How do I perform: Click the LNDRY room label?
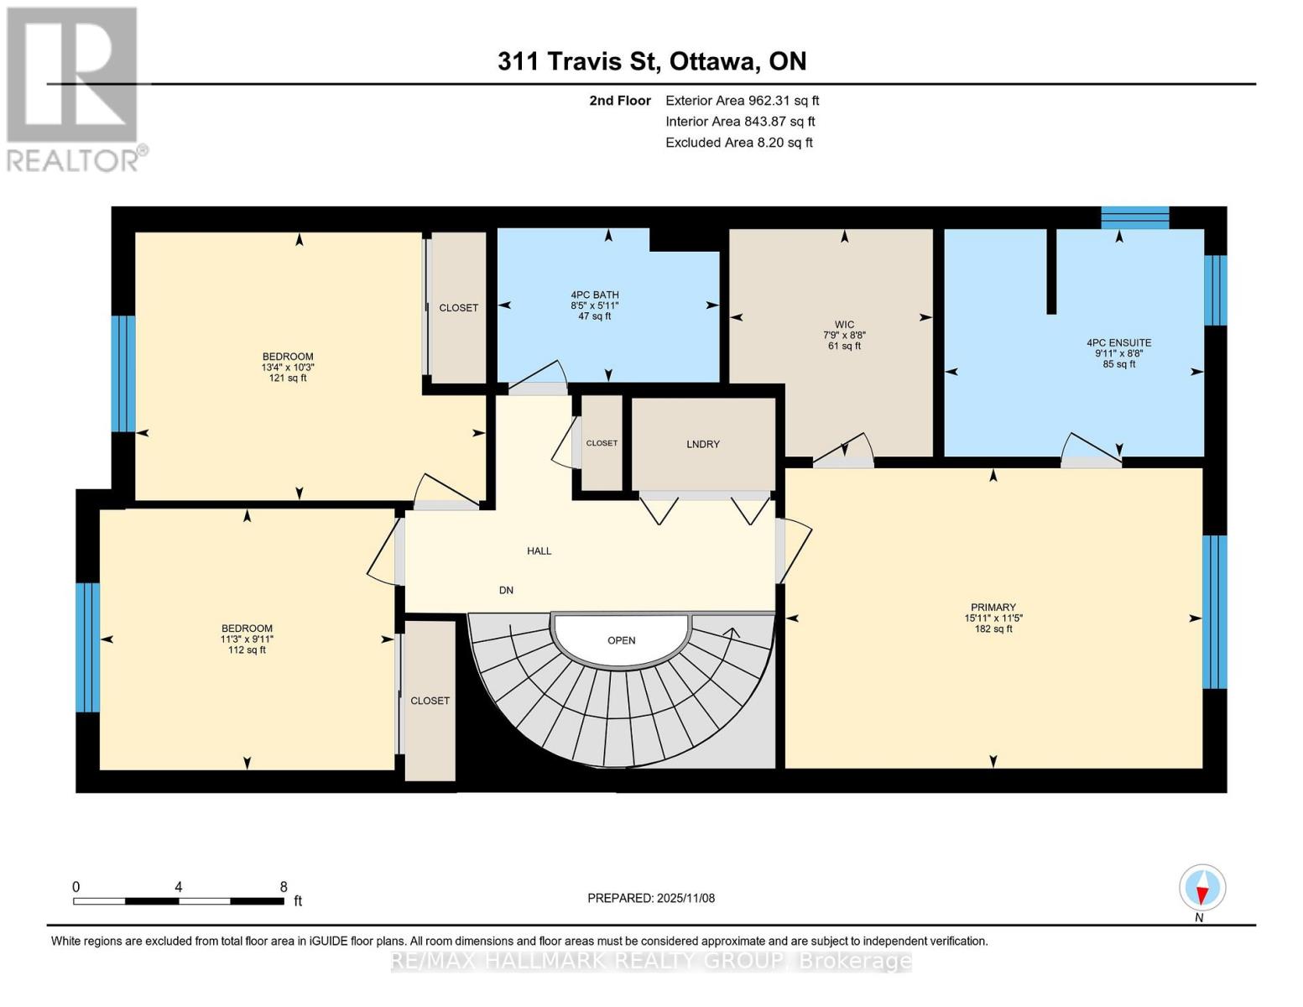click(x=702, y=444)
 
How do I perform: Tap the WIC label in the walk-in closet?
click(x=844, y=325)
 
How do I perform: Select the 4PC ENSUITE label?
click(x=1118, y=342)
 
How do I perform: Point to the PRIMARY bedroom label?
click(x=993, y=607)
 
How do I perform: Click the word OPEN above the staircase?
click(x=621, y=640)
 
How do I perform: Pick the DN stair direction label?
click(x=506, y=590)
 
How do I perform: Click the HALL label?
click(x=539, y=550)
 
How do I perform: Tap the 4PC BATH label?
click(x=594, y=295)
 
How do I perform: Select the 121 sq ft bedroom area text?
click(x=287, y=378)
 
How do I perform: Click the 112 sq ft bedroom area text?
click(x=247, y=650)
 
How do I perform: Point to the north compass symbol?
click(x=1202, y=888)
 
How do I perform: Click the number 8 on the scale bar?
click(x=284, y=886)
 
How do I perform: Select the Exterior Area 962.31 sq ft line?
click(x=742, y=101)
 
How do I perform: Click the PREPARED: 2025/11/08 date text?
click(x=650, y=898)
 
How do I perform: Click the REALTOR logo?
click(x=74, y=88)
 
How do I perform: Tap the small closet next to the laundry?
click(x=602, y=443)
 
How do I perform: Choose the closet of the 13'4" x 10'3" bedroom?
click(x=458, y=307)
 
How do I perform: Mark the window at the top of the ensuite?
click(x=1134, y=217)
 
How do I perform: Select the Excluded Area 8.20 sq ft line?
click(x=738, y=143)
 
